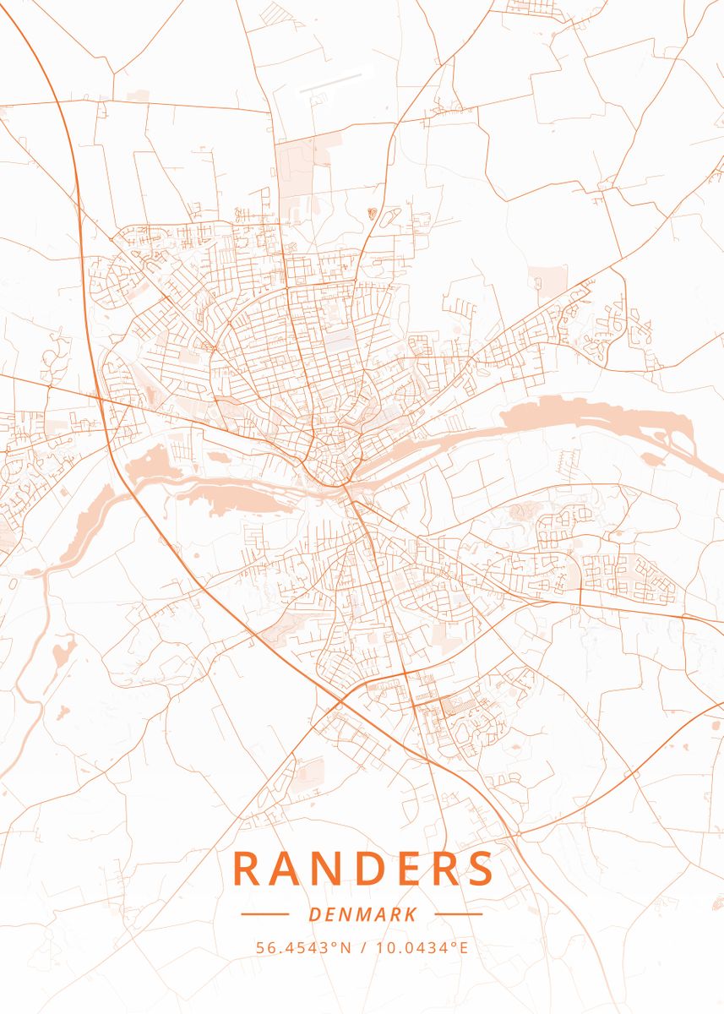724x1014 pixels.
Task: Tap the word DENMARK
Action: (362, 914)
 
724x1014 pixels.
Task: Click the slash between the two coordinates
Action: (362, 947)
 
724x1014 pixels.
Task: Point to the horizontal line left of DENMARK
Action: (264, 914)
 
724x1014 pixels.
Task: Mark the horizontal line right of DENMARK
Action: (458, 914)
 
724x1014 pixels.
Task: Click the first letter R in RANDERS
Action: (245, 869)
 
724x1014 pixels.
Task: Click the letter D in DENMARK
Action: (314, 914)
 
